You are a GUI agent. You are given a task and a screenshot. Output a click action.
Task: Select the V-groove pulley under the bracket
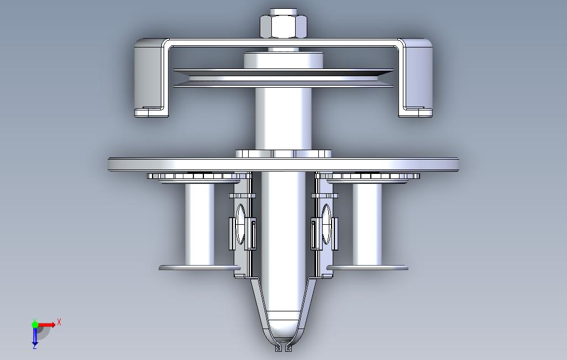[283, 78]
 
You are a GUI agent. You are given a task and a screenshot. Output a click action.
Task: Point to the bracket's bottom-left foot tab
[151, 112]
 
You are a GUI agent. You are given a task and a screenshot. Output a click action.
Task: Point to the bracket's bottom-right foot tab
[416, 112]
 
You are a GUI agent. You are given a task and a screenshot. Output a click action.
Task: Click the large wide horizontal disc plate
[283, 165]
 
